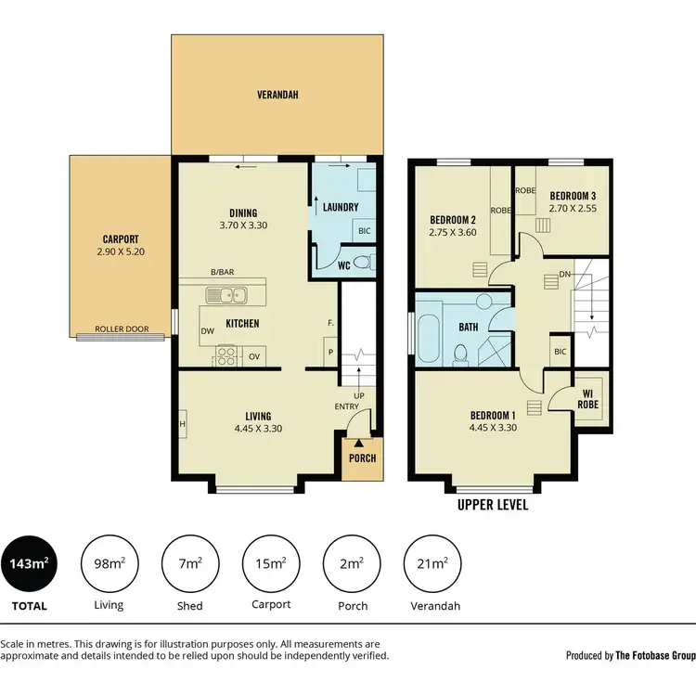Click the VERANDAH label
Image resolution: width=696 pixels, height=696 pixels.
point(277,95)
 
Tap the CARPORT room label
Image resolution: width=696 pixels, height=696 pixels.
point(121,238)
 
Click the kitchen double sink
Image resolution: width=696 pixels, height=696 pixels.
point(226,296)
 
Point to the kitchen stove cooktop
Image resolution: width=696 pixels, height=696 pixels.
point(225,354)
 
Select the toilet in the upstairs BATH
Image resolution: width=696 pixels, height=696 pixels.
point(461,353)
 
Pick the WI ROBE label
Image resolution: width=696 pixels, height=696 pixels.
point(587,398)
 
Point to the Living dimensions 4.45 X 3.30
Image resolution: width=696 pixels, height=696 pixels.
point(258,429)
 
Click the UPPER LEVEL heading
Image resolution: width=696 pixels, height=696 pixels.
point(493,506)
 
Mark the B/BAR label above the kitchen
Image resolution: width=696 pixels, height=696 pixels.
point(222,272)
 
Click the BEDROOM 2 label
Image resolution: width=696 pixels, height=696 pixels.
point(453,220)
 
